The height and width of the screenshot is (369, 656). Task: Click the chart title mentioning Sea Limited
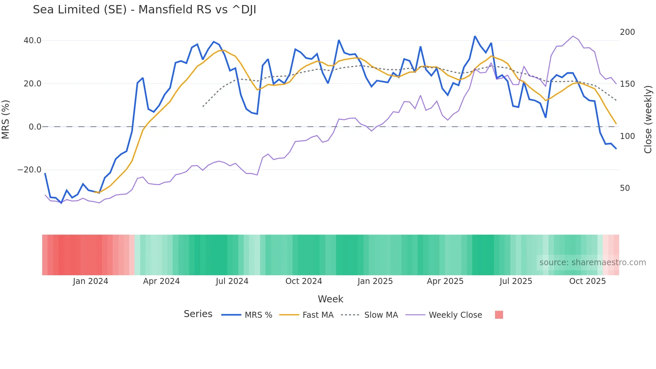pos(144,10)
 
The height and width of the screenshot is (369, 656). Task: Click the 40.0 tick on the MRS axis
pos(32,41)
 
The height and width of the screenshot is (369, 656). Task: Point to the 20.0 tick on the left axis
pos(32,84)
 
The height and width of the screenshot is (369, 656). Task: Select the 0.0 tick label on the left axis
pos(35,127)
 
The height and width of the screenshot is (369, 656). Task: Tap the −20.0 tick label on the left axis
pos(29,170)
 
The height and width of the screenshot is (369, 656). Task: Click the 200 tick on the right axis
pos(627,32)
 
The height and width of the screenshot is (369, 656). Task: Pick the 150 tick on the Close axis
pos(627,84)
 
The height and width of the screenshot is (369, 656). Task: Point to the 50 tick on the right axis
pos(625,188)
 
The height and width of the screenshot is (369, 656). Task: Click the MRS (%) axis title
pos(6,120)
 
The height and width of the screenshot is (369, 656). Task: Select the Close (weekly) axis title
pos(648,120)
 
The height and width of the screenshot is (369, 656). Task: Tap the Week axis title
pos(330,299)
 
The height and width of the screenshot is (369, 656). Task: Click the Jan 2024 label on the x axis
pos(90,281)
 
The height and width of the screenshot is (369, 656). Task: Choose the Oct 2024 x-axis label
pos(304,281)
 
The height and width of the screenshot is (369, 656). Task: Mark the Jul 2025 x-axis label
pos(516,281)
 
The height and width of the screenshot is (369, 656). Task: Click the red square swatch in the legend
pos(499,315)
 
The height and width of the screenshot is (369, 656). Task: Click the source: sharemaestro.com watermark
pos(592,263)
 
